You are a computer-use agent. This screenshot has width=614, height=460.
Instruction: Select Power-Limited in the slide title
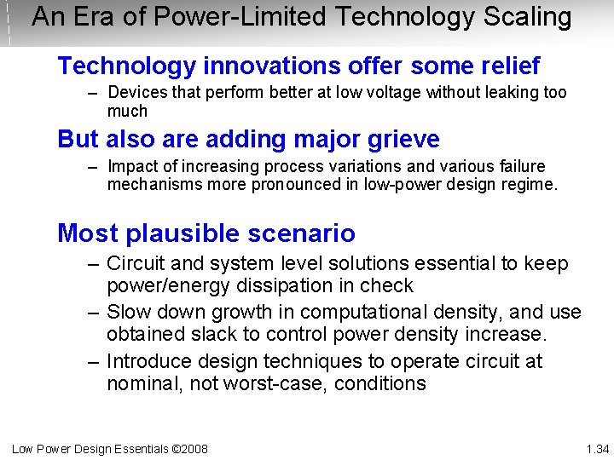click(x=217, y=17)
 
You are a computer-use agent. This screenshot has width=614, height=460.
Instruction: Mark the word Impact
click(x=134, y=165)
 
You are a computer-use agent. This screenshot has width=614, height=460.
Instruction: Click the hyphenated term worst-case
click(x=276, y=383)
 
